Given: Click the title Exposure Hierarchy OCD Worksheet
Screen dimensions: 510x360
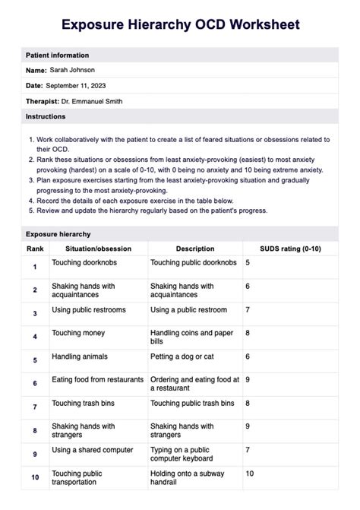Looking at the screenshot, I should pos(180,25).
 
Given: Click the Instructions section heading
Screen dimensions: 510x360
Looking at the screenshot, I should pos(46,116).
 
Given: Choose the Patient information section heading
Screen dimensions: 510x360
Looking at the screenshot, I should pos(57,55).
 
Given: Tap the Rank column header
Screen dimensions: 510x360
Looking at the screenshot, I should pos(35,249).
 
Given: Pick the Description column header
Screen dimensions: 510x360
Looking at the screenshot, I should pos(195,249).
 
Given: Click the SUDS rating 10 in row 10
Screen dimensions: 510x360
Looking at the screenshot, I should pos(249,474).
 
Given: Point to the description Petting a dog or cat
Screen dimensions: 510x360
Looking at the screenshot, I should pos(182,356).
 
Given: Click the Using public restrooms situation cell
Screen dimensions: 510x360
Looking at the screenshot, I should pos(89,309).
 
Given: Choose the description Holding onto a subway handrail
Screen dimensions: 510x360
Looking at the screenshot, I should pos(185,478).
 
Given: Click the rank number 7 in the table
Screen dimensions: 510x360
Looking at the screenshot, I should pos(35,407).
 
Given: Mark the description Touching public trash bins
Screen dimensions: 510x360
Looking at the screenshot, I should pos(192,403).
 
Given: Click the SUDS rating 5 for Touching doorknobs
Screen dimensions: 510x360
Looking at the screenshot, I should pos(248,262).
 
